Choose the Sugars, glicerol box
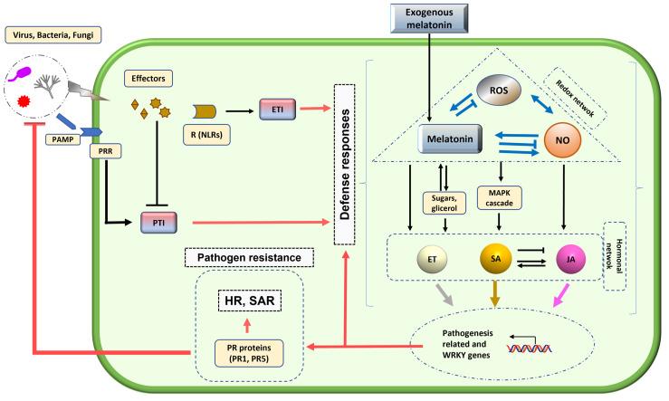click(x=443, y=199)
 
